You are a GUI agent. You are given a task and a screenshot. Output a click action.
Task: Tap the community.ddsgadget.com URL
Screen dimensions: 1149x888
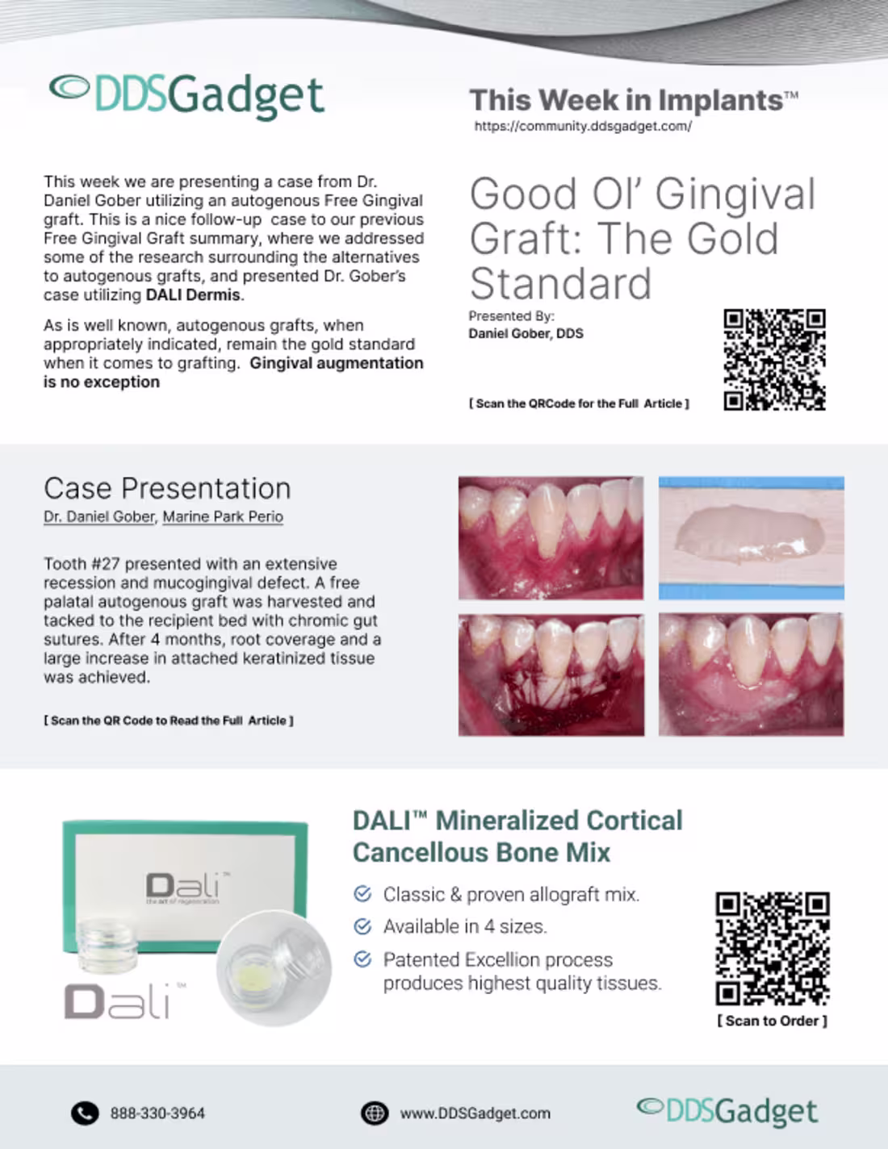582,126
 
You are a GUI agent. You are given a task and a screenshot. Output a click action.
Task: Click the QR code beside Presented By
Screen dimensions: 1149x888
774,359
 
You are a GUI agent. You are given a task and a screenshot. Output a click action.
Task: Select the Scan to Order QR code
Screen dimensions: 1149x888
772,948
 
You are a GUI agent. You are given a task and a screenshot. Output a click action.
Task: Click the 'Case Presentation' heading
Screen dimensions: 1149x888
167,488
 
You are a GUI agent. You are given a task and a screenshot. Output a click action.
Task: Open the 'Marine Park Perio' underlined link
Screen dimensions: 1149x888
223,516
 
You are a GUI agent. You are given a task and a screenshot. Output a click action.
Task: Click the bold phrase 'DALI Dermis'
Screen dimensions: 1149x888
193,295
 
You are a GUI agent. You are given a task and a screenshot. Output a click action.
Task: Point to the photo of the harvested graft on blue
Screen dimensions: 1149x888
751,537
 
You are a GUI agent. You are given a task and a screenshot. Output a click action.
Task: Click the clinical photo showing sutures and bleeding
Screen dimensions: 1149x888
551,675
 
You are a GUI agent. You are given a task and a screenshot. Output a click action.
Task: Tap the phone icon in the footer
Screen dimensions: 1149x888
85,1113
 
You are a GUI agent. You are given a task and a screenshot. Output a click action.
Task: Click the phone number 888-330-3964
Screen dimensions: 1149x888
157,1113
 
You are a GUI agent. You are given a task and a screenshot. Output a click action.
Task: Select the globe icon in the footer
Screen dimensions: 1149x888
374,1113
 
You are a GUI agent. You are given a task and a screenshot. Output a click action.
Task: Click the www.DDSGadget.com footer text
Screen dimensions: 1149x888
475,1113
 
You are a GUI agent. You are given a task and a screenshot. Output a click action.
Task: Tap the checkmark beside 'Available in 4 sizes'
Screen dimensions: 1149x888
363,926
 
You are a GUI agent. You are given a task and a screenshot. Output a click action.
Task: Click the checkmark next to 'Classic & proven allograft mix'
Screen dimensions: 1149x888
363,894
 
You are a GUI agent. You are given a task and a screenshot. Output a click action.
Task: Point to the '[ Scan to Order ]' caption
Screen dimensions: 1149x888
772,1021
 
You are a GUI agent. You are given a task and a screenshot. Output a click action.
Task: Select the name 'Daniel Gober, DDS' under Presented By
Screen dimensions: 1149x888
526,333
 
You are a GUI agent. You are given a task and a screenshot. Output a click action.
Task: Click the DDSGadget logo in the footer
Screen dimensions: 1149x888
727,1111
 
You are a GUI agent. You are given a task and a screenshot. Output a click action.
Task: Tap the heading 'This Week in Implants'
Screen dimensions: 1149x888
626,100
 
